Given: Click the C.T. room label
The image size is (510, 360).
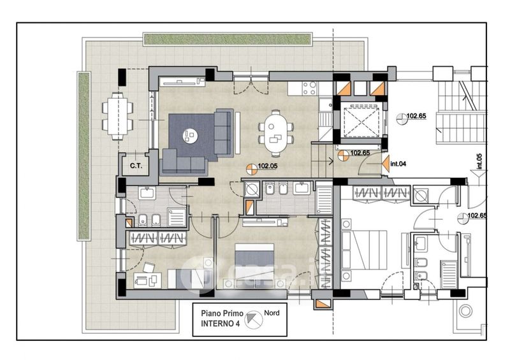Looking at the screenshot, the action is pos(136,166).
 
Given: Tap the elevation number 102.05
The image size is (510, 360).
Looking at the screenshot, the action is pos(268,166).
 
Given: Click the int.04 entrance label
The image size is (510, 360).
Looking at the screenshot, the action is pos(398,164).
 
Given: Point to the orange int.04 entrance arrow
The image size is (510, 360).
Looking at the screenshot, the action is pos(386,163).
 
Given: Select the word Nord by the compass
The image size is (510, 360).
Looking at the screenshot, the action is pos(272,313).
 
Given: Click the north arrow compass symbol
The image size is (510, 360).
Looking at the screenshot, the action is pos(254,319).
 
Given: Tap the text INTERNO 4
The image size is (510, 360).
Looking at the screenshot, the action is pos(220,324).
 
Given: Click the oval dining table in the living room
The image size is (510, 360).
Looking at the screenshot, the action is pos(276,133).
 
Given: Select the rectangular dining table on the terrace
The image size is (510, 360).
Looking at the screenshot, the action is pos(117,116).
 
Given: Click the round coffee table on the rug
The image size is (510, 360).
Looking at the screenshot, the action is pos(190,136).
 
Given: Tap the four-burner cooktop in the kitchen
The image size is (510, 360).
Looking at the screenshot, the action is pos(309,88).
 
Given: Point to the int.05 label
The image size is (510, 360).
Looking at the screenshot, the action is pos(479,161).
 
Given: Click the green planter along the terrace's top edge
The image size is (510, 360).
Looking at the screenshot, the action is pos(228,40).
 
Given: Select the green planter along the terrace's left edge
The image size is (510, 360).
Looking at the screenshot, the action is pos(84,156).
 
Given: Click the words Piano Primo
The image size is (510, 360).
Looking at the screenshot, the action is pos(222,313).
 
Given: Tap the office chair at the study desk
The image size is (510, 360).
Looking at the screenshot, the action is pos(149,268).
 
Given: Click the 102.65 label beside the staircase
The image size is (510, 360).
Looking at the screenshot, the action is pos(416,116).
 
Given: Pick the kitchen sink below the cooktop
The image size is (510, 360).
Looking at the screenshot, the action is pos(324,104).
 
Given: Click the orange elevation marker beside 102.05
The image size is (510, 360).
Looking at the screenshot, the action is pos(251,169).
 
